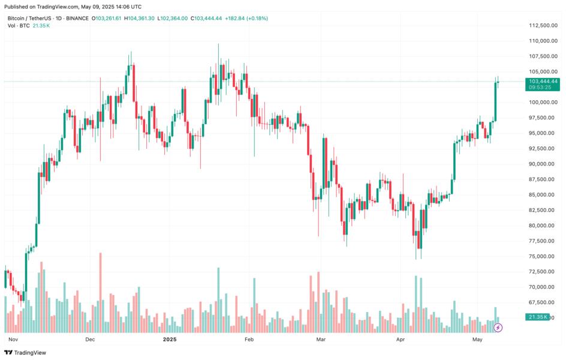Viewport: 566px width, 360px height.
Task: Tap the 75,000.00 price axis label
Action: click(x=541, y=256)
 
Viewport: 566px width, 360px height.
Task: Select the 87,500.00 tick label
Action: click(x=541, y=179)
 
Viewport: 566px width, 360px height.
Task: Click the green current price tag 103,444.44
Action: click(x=543, y=81)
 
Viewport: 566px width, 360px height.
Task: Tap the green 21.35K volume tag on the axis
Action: click(x=537, y=317)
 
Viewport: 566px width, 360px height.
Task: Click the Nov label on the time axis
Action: click(x=11, y=340)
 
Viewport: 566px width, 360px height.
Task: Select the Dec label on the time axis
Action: click(x=90, y=340)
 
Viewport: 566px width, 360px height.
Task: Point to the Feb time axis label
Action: click(x=249, y=340)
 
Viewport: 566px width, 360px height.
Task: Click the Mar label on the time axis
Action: click(x=321, y=340)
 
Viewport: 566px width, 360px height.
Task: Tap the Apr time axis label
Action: click(x=401, y=340)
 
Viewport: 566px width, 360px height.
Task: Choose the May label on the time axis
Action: click(x=477, y=340)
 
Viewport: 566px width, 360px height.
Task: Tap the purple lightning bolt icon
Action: click(x=498, y=328)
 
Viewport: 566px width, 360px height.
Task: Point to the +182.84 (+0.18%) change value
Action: click(x=246, y=19)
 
